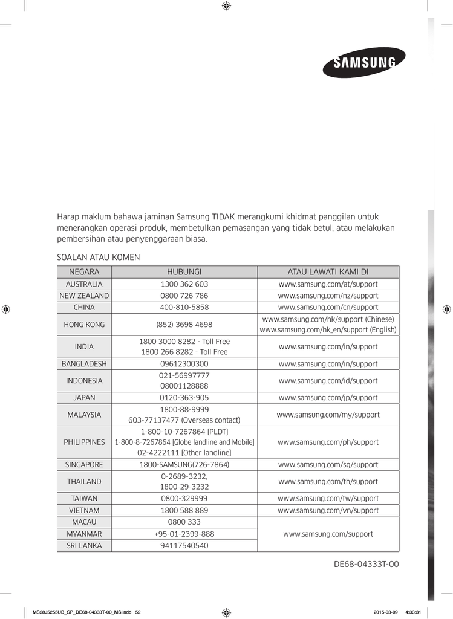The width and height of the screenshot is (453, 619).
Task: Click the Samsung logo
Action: point(363,62)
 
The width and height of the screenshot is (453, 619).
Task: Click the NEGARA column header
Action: point(84,272)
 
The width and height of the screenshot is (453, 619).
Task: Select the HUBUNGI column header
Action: point(184,272)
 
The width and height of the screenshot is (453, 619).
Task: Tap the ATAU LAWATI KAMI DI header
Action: point(328,272)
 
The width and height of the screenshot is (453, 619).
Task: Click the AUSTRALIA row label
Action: point(84,284)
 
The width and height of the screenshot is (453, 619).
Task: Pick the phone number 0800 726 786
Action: point(184,296)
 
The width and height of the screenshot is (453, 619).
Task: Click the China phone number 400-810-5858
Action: point(184,307)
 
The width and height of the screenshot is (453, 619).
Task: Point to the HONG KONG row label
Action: point(84,325)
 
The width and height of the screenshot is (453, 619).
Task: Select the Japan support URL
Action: point(328,398)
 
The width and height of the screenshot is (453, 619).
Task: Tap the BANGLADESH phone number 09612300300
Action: point(184,364)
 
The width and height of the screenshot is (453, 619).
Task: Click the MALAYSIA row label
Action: point(84,415)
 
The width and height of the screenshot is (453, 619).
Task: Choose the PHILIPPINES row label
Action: point(84,442)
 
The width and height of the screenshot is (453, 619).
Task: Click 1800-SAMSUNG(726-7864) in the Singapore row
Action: point(184,465)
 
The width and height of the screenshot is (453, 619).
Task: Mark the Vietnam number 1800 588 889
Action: point(184,510)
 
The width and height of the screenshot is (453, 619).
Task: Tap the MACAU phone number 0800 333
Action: point(184,522)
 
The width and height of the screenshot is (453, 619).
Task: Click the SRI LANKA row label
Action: point(84,545)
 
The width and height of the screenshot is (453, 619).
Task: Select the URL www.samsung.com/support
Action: point(328,534)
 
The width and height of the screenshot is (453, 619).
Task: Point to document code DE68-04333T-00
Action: point(367,565)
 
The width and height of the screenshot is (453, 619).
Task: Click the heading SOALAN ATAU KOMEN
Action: point(98,257)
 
